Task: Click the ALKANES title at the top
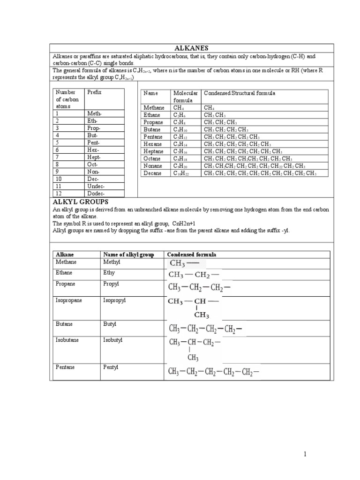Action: (191, 48)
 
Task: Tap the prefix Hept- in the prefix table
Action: (94, 157)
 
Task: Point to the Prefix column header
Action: (94, 93)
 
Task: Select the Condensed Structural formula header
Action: (239, 93)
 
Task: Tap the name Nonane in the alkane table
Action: (152, 166)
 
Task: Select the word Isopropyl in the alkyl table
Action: (115, 300)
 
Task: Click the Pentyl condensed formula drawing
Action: (214, 373)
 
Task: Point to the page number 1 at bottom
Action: (304, 454)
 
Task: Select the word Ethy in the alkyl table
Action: (109, 272)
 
